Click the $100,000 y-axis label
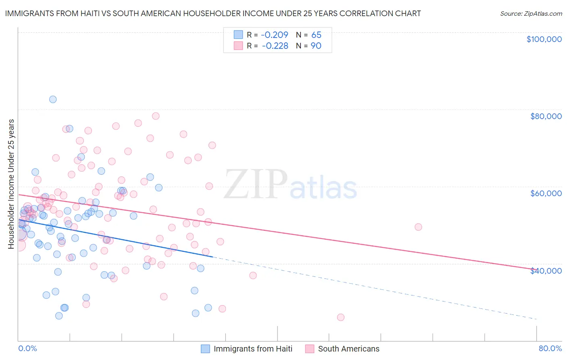coord(544,39)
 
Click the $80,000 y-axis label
coord(546,116)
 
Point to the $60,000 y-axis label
coord(546,193)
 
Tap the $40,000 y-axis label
coord(546,270)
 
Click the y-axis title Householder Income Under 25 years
coord(11,184)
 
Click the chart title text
coord(213,14)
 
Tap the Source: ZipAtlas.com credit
coord(531,14)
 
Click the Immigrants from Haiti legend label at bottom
coord(253,349)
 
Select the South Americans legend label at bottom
coord(348,349)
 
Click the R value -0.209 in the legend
coord(275,35)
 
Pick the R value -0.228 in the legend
coord(275,46)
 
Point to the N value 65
coord(316,35)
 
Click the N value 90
coord(316,46)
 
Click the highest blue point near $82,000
coord(53,99)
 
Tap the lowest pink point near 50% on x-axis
coord(341,317)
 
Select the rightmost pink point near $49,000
coord(418,227)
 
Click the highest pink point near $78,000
coord(156,116)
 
